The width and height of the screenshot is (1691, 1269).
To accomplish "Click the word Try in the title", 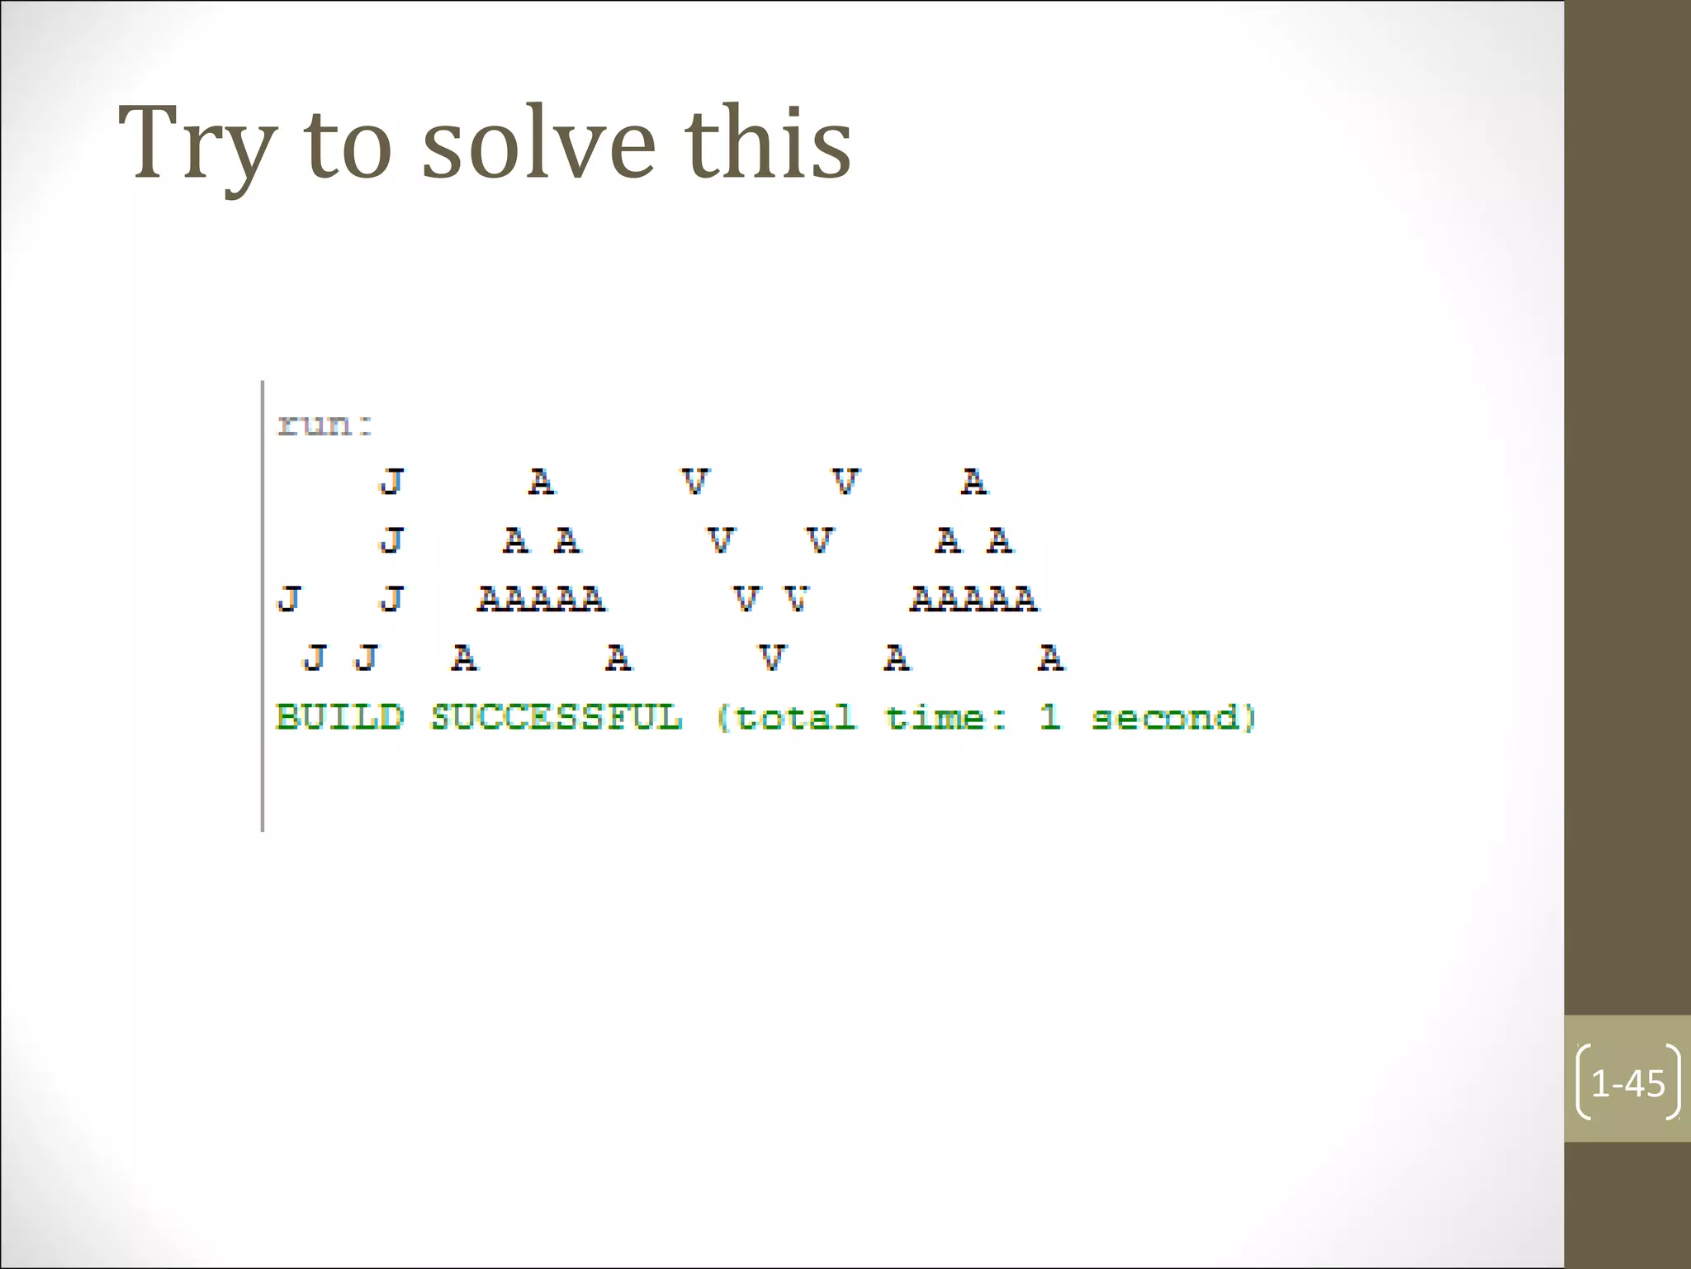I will [197, 145].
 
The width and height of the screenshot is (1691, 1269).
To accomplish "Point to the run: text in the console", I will [325, 425].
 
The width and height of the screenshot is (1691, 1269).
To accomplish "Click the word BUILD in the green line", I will [340, 717].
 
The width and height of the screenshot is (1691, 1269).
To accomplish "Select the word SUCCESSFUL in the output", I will [557, 717].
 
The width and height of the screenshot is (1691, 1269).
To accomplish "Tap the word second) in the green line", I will [1173, 717].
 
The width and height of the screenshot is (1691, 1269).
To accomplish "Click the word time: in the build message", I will [946, 717].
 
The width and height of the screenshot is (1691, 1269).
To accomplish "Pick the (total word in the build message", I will [786, 717].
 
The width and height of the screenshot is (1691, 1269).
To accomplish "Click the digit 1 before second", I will [1049, 716].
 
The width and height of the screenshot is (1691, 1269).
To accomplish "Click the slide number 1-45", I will [1627, 1083].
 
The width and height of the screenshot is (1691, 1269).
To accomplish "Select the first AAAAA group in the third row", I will [541, 599].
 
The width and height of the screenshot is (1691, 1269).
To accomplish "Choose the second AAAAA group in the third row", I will [973, 599].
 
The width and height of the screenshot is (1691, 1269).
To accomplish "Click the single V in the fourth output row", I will [771, 658].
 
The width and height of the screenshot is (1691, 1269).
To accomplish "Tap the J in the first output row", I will [392, 481].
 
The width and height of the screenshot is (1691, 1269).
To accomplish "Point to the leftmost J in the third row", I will [289, 599].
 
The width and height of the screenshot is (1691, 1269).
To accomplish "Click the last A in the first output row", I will [974, 481].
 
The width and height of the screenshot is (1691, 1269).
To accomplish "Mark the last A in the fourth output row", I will [1051, 658].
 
